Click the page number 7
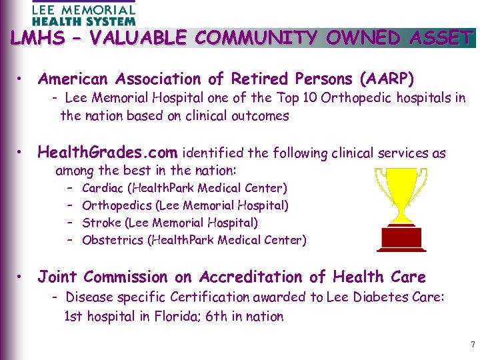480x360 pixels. (473, 345)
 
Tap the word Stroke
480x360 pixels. (99, 223)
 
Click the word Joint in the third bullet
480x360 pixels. (58, 277)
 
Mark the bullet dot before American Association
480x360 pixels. (23, 80)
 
